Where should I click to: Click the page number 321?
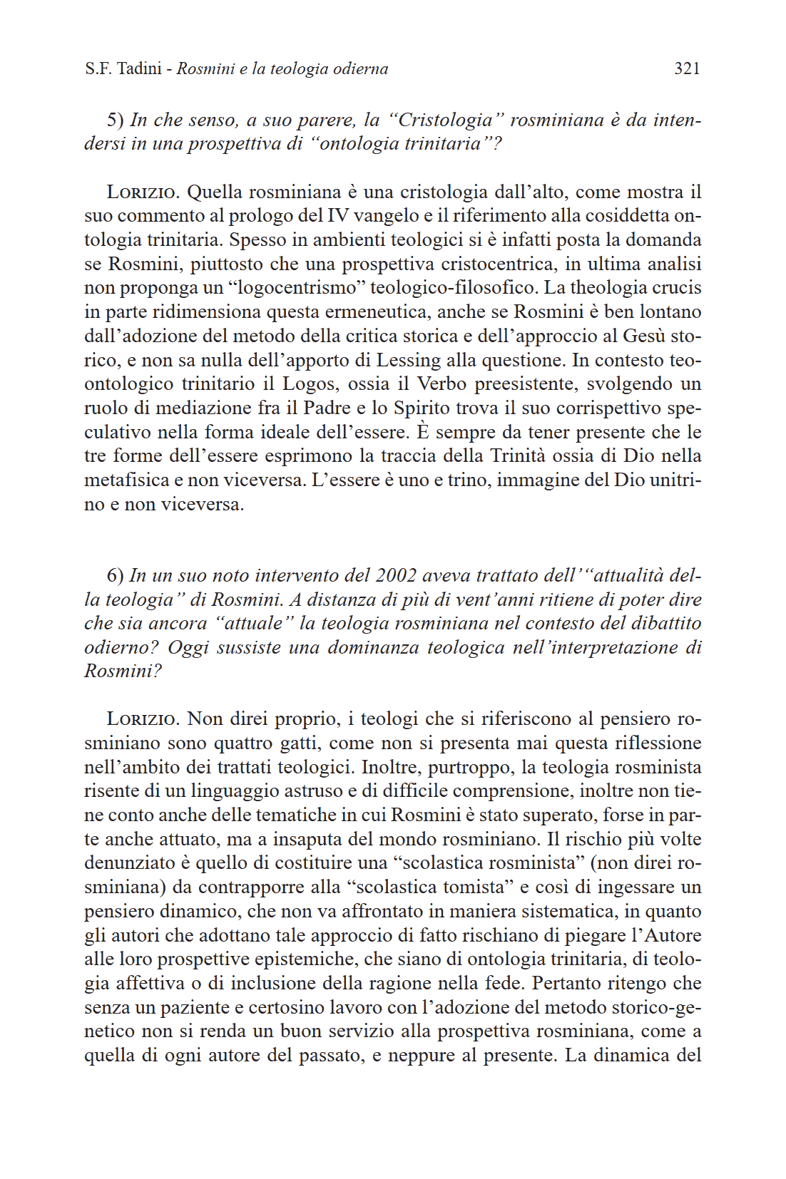pos(687,68)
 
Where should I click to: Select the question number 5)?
pos(116,120)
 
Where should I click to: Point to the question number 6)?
pos(116,575)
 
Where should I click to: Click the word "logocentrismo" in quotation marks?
pos(300,288)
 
